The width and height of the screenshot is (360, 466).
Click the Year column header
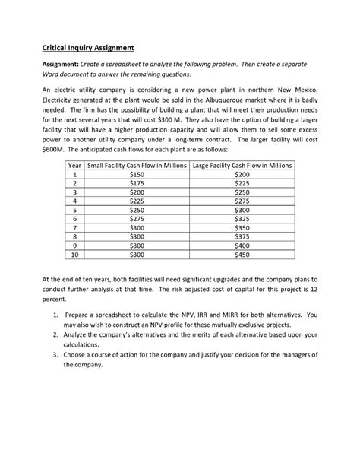75,165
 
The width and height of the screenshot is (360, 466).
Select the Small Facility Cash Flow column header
135,165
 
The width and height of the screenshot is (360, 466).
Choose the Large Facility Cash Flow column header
241,165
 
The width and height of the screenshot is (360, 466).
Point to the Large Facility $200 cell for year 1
242,174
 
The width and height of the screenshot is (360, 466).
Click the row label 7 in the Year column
75,227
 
